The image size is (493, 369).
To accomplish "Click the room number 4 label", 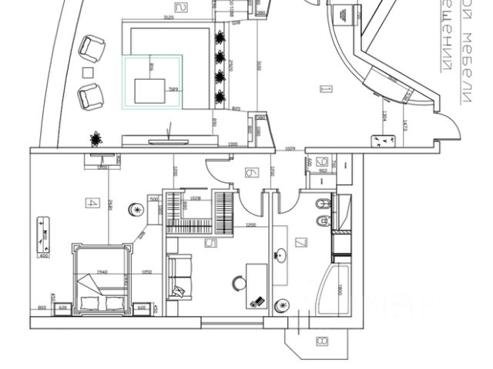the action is tap(92, 204).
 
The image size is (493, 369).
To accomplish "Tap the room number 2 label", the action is tap(182, 8).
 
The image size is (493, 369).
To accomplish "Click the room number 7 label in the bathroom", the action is tap(300, 244).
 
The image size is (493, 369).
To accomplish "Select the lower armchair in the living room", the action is tap(91, 96).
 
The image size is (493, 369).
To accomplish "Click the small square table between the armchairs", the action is tap(88, 73).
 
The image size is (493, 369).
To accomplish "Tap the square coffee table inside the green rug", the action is tap(151, 90).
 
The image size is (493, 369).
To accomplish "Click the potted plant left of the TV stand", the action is tap(96, 138).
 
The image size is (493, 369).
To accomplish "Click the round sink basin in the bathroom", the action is tap(281, 256).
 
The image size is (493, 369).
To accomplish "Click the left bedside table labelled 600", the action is tap(63, 307).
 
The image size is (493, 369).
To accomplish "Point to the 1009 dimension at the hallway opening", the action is tap(290, 146).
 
